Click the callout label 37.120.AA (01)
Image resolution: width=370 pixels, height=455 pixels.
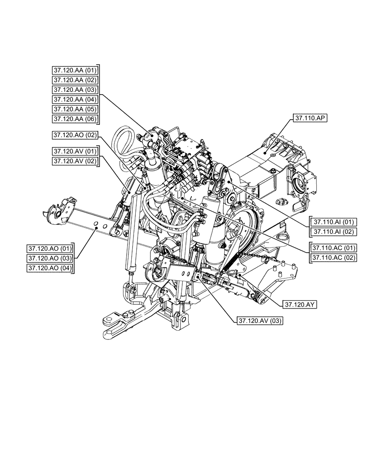coord(75,70)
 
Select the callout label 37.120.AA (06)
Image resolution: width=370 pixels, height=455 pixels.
coord(75,119)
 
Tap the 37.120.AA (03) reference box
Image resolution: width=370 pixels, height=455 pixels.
coord(75,90)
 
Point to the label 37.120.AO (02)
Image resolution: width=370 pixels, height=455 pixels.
coord(75,135)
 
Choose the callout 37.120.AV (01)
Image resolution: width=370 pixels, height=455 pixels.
coord(75,151)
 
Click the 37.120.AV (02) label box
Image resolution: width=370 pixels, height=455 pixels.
coord(75,161)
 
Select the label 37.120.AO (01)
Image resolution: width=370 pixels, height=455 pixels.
coord(50,248)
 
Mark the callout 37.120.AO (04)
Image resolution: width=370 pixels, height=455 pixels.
coord(50,268)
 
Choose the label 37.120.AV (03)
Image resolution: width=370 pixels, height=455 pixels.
coord(260,321)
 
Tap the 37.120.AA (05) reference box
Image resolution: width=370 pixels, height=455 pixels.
coord(75,109)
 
